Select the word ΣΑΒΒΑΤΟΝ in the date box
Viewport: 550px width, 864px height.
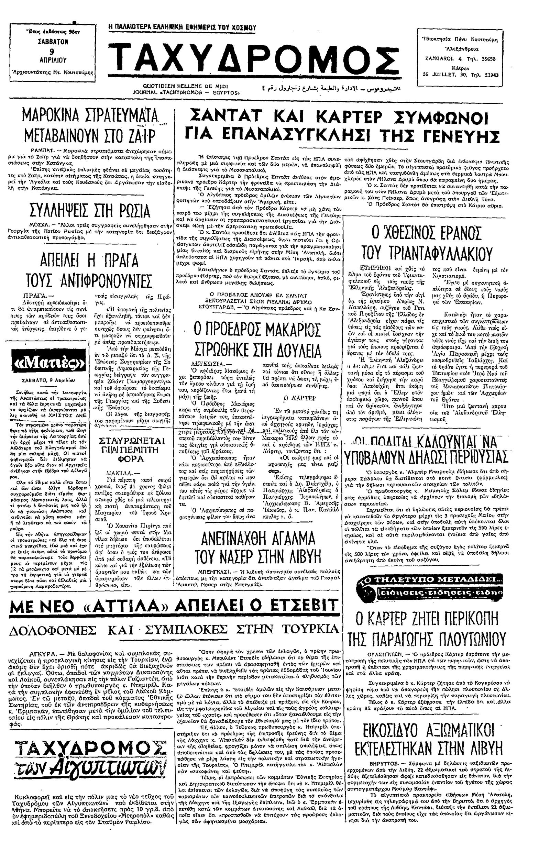pos(53,42)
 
